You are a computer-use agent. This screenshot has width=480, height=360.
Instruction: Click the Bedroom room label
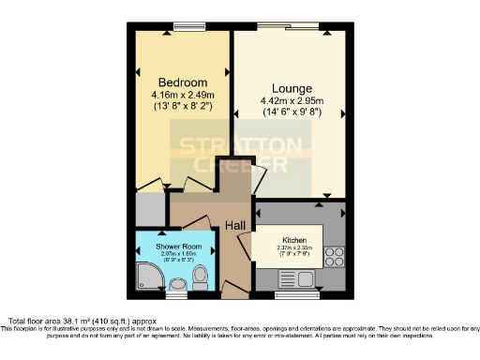point(182,82)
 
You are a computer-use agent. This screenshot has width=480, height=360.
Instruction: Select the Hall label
point(235,226)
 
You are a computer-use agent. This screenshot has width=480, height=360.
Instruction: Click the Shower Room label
point(181,247)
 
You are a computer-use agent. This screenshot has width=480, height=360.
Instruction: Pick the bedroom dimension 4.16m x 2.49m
point(182,95)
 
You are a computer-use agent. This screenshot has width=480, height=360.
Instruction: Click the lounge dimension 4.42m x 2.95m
point(291,100)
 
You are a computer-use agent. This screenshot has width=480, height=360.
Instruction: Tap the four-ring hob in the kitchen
point(334,256)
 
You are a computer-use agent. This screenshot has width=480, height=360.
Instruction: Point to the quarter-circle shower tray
point(146,275)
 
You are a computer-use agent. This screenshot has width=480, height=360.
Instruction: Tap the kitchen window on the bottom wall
point(290,294)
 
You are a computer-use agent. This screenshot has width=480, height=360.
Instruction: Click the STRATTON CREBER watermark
point(240,156)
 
